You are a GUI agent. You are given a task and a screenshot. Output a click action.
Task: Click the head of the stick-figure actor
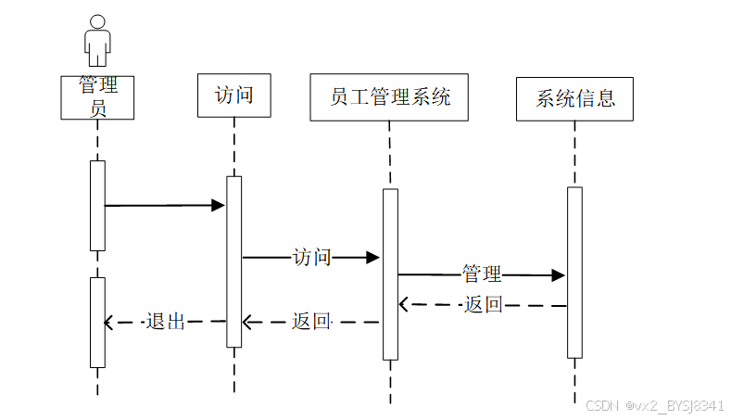pyautogui.click(x=97, y=22)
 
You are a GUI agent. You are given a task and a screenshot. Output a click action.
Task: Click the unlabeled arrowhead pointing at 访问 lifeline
pyautogui.click(x=219, y=205)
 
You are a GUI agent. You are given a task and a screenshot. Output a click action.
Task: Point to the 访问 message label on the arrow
pyautogui.click(x=311, y=257)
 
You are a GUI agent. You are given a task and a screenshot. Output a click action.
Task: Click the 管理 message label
pyautogui.click(x=482, y=274)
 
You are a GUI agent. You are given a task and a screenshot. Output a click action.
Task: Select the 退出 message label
pyautogui.click(x=165, y=322)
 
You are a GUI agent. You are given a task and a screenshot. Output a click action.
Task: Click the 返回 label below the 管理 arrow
pyautogui.click(x=483, y=304)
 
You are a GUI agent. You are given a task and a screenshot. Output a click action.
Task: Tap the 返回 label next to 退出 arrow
pyautogui.click(x=311, y=322)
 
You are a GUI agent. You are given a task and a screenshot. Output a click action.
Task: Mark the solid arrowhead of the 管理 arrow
pyautogui.click(x=559, y=275)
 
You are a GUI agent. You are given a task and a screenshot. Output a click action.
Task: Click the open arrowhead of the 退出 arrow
pyautogui.click(x=108, y=323)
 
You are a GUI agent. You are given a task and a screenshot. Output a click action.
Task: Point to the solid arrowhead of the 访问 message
pyautogui.click(x=373, y=258)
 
